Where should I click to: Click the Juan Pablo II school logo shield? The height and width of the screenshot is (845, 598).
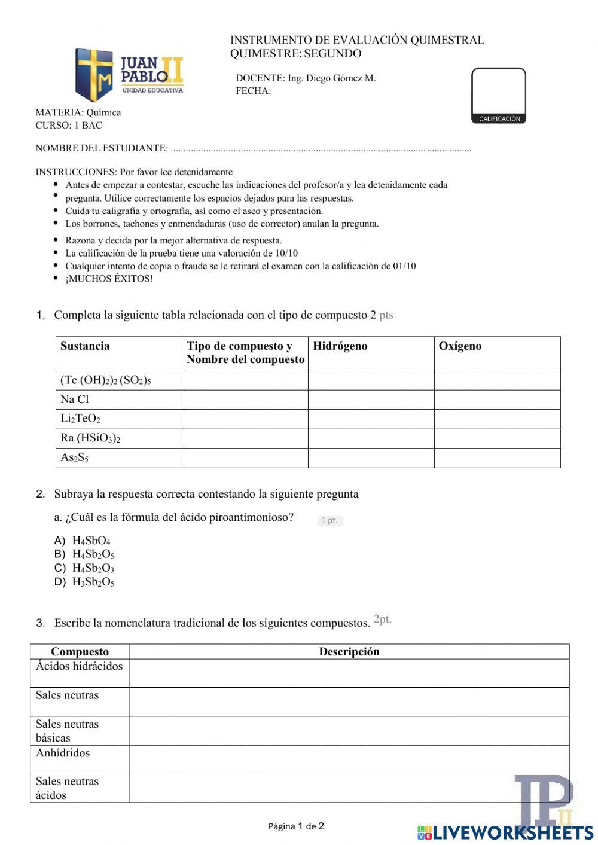[94, 75]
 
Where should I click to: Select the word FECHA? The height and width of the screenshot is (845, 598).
[253, 91]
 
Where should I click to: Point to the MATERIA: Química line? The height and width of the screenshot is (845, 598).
[78, 112]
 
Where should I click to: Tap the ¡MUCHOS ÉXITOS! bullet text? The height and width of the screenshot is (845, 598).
[109, 279]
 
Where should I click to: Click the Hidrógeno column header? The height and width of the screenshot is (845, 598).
[340, 346]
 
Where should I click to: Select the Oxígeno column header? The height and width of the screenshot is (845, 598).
[459, 346]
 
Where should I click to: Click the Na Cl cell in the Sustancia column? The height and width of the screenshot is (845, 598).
[75, 399]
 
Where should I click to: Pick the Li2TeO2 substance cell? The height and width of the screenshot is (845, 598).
[80, 419]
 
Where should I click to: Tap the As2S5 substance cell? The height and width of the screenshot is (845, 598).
[75, 457]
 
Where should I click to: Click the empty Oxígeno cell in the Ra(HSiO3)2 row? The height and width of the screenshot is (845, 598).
[496, 438]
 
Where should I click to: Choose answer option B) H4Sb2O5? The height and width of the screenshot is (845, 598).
[93, 554]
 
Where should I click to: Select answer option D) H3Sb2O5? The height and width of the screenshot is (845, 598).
[93, 582]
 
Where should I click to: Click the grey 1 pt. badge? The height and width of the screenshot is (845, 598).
[329, 520]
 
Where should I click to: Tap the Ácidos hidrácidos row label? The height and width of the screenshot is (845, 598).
[79, 667]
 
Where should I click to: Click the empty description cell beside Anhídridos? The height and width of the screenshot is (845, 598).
[349, 759]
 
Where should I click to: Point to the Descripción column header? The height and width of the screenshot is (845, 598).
[349, 652]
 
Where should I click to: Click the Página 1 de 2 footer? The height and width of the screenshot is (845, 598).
[296, 826]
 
